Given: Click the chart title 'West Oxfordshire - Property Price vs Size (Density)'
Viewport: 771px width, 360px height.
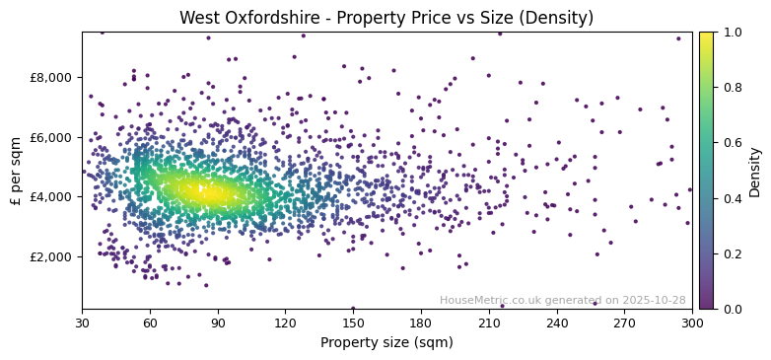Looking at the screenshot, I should [x=385, y=18].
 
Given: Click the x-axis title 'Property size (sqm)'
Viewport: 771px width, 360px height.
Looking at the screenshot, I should [x=386, y=343].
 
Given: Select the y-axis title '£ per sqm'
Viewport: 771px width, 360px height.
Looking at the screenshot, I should [x=16, y=171].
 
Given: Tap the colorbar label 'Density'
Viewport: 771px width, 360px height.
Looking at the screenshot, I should [x=754, y=171].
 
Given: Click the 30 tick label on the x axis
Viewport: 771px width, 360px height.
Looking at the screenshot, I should [x=82, y=323].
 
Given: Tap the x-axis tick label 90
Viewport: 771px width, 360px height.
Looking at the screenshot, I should [x=218, y=323].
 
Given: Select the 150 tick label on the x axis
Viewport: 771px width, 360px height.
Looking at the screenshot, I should [x=353, y=323].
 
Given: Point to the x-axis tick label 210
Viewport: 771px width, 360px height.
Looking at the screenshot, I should [x=489, y=323].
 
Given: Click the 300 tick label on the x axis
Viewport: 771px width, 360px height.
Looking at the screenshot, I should [x=692, y=323].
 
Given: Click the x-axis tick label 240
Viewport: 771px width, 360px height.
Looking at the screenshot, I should [x=557, y=323].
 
